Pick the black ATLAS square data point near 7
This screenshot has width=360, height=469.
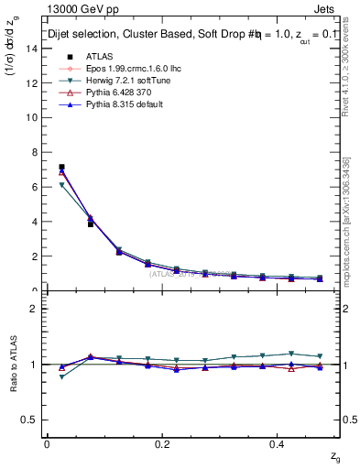(x=61, y=167)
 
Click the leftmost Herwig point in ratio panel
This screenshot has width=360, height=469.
(x=61, y=376)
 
